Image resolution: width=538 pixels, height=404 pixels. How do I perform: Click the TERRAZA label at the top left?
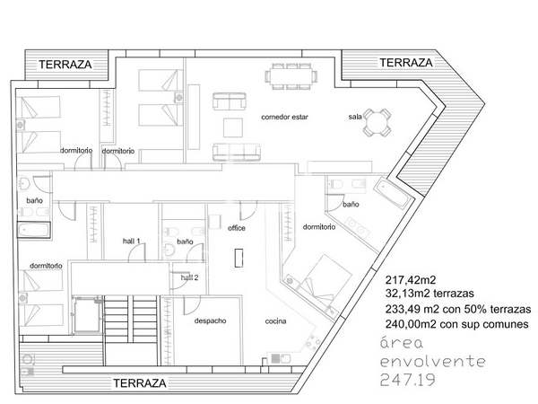65,65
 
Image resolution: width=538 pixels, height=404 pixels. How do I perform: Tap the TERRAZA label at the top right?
406,63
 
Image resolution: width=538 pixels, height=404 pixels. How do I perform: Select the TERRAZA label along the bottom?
140,383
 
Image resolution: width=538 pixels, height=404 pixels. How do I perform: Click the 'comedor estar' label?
284,117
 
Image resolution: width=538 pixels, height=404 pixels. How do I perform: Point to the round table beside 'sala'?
377,123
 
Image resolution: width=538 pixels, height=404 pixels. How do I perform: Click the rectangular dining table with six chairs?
291,76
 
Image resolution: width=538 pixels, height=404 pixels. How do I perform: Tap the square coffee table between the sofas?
233,127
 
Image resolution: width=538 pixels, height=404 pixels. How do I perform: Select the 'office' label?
237,228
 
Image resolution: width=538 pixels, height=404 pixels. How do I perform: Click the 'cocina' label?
275,321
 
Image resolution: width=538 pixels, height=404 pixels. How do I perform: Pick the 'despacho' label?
211,321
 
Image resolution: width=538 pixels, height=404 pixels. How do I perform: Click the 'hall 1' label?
132,242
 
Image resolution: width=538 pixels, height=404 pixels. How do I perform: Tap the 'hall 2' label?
189,277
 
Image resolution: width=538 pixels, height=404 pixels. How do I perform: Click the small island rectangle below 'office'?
239,258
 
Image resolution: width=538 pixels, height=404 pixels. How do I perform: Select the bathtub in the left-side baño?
34,230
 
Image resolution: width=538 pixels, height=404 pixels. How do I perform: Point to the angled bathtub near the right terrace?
393,193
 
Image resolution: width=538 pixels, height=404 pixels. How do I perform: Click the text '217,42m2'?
411,280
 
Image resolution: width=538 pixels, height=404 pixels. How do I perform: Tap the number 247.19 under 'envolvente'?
408,380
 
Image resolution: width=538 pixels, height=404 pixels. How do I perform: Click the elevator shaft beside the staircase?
87,314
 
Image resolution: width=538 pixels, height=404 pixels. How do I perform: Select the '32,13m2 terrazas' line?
430,294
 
